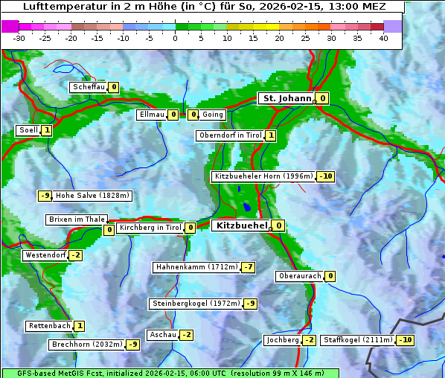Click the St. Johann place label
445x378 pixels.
click(x=286, y=98)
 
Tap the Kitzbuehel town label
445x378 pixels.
click(x=240, y=225)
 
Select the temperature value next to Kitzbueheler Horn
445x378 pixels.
click(x=325, y=177)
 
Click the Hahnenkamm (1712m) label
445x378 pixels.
click(x=196, y=267)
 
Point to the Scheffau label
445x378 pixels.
click(x=89, y=87)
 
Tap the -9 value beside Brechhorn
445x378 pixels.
click(x=132, y=345)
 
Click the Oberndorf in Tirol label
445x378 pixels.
click(x=230, y=135)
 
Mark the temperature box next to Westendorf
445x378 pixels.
click(x=75, y=255)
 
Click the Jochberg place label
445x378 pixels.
click(x=282, y=340)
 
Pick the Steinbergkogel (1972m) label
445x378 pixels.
click(x=196, y=304)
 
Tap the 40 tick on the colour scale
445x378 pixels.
click(x=383, y=37)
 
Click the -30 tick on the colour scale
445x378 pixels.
click(x=19, y=37)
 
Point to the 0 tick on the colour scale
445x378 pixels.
click(x=175, y=37)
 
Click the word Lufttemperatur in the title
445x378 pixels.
click(x=62, y=7)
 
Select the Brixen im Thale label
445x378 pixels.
click(x=76, y=220)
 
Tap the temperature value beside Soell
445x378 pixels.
click(x=47, y=130)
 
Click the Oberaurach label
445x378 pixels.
click(x=299, y=276)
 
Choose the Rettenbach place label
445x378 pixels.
click(x=50, y=326)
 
